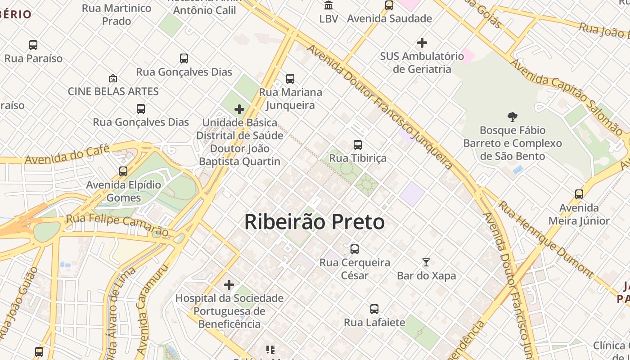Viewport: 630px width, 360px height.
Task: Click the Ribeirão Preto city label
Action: [x=314, y=222]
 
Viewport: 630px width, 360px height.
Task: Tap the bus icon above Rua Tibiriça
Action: [x=358, y=145]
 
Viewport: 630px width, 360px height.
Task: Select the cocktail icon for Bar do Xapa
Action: [x=426, y=262]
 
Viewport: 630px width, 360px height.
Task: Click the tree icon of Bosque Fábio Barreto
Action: [x=512, y=117]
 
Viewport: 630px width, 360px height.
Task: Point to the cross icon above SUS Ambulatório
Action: [x=422, y=43]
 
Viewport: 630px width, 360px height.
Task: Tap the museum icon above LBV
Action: [x=328, y=5]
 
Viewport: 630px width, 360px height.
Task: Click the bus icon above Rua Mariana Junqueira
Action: [x=290, y=79]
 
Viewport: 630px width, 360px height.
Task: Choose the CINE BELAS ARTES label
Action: [x=113, y=91]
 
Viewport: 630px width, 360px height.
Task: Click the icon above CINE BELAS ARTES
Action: [x=113, y=78]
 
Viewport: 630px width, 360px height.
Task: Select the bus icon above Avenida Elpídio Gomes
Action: [x=123, y=171]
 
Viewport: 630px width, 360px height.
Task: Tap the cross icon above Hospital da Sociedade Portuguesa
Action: [x=229, y=285]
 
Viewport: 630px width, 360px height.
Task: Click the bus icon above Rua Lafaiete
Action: [x=374, y=309]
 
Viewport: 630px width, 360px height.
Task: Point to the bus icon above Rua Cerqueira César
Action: [x=355, y=249]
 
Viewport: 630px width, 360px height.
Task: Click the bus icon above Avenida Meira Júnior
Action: [x=579, y=194]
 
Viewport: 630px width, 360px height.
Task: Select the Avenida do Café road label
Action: [x=67, y=154]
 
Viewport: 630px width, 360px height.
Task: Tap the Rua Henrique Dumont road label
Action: [x=546, y=238]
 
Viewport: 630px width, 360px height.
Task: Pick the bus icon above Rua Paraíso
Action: [x=33, y=45]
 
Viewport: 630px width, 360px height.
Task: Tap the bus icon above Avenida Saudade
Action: [x=389, y=5]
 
